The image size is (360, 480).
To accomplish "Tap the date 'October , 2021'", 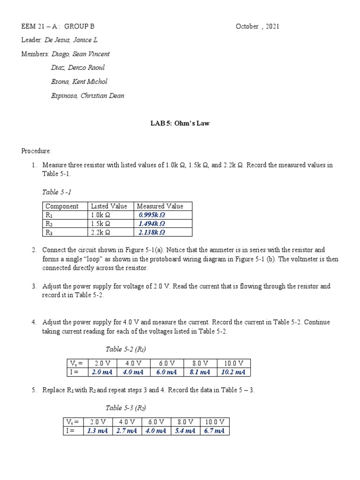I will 257,26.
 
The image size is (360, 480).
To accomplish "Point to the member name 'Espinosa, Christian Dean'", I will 88,96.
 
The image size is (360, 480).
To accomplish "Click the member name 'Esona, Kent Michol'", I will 79,82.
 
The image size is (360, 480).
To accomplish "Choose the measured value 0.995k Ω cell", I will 152,215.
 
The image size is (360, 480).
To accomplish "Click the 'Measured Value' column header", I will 160,206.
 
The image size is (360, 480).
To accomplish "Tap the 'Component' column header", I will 62,206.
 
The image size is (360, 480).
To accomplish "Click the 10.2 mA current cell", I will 233,372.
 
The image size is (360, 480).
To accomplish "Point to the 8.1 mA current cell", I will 200,372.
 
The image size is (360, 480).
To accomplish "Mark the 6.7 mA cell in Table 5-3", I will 214,431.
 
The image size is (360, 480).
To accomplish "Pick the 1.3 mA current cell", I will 98,431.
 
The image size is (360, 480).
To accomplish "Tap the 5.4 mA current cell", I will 185,431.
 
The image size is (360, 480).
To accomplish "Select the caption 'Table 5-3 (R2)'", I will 122,407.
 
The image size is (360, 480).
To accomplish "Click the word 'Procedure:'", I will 36,151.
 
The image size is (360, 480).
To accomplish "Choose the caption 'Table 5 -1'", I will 57,192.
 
